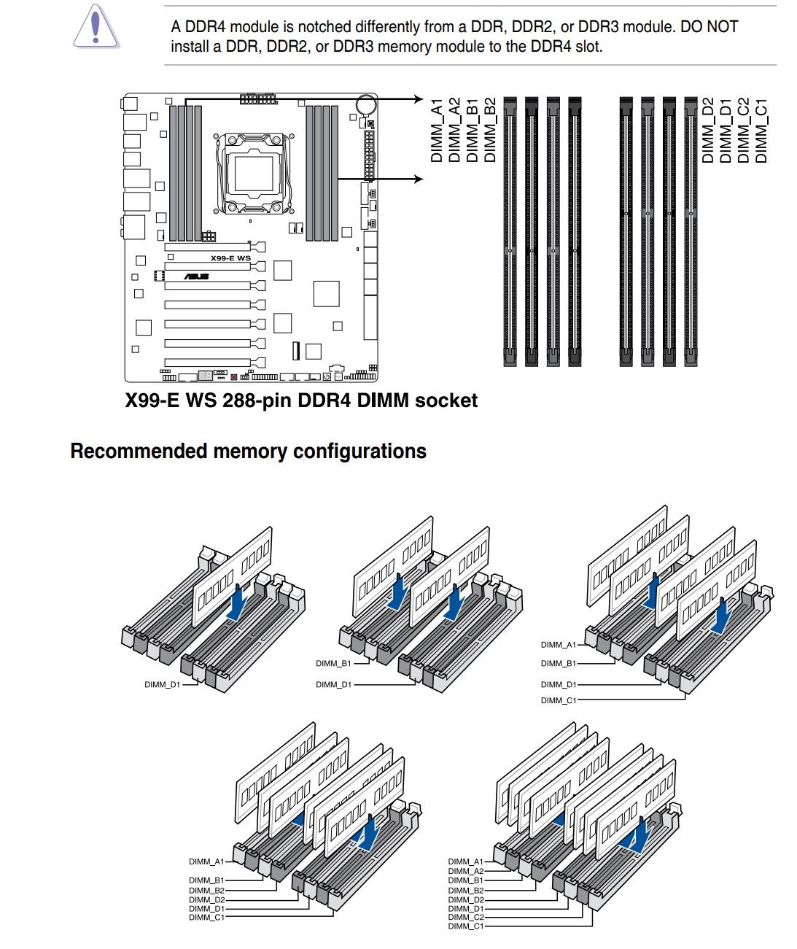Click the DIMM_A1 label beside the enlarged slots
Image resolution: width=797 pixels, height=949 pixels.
437,130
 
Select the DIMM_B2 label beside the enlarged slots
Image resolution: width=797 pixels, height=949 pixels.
490,130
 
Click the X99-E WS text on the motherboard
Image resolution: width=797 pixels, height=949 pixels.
230,258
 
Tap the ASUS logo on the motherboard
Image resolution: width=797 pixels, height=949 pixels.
196,276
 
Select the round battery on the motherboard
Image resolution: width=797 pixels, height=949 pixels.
366,105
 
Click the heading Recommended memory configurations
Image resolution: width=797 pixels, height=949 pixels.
248,452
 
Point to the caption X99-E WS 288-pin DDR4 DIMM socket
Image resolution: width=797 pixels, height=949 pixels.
301,400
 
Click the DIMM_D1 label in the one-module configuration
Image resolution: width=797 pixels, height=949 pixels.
162,685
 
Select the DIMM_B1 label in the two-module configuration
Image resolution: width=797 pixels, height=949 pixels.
333,664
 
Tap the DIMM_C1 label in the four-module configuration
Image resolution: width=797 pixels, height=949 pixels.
558,700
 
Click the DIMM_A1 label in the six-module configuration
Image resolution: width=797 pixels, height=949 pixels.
206,862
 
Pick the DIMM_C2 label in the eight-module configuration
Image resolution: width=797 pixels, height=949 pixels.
465,917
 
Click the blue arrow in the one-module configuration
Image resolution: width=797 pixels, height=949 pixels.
236,606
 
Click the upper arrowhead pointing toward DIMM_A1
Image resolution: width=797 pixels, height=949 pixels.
418,99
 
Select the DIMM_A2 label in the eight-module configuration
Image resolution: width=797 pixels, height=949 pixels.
465,871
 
